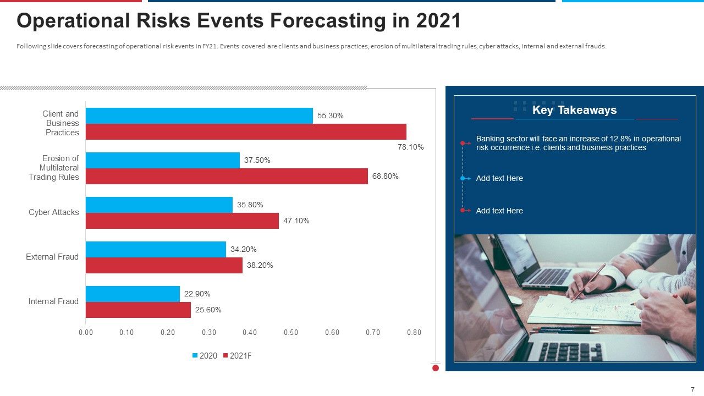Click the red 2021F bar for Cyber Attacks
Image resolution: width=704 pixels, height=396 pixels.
click(182, 221)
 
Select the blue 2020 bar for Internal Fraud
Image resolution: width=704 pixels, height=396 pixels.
click(133, 294)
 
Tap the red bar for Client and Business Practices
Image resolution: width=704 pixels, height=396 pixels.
click(246, 131)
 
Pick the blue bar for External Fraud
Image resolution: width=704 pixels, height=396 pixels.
click(156, 249)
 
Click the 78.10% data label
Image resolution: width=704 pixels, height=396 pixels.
click(410, 147)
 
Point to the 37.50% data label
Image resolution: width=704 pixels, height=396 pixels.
click(257, 160)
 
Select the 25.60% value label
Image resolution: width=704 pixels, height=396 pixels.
click(208, 310)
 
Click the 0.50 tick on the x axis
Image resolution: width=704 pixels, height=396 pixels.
click(291, 332)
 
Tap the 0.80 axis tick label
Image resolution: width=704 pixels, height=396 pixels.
click(414, 332)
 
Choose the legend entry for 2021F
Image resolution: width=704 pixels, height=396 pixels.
click(237, 355)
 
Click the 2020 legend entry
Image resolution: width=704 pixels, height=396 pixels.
click(205, 355)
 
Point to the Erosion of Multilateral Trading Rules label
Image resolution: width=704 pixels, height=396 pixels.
click(54, 168)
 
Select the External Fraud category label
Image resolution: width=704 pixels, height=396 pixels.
click(52, 257)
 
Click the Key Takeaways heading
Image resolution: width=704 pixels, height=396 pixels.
click(574, 110)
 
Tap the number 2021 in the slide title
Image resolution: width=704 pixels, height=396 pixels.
click(438, 21)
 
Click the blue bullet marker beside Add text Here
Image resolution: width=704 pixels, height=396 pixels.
click(463, 178)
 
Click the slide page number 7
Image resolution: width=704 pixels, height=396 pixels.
click(692, 389)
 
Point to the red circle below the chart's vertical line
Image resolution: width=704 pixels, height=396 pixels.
click(436, 368)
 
